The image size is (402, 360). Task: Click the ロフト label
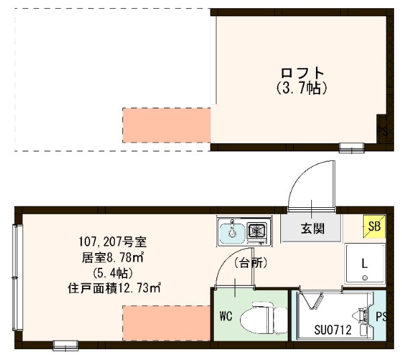click(302, 73)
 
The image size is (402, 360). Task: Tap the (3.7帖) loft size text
click(302, 87)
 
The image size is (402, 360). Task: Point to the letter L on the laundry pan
click(364, 261)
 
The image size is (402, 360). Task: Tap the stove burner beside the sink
click(256, 231)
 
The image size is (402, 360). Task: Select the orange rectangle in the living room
click(167, 322)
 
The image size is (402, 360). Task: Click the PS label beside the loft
click(382, 131)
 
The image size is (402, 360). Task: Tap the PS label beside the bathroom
click(381, 316)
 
